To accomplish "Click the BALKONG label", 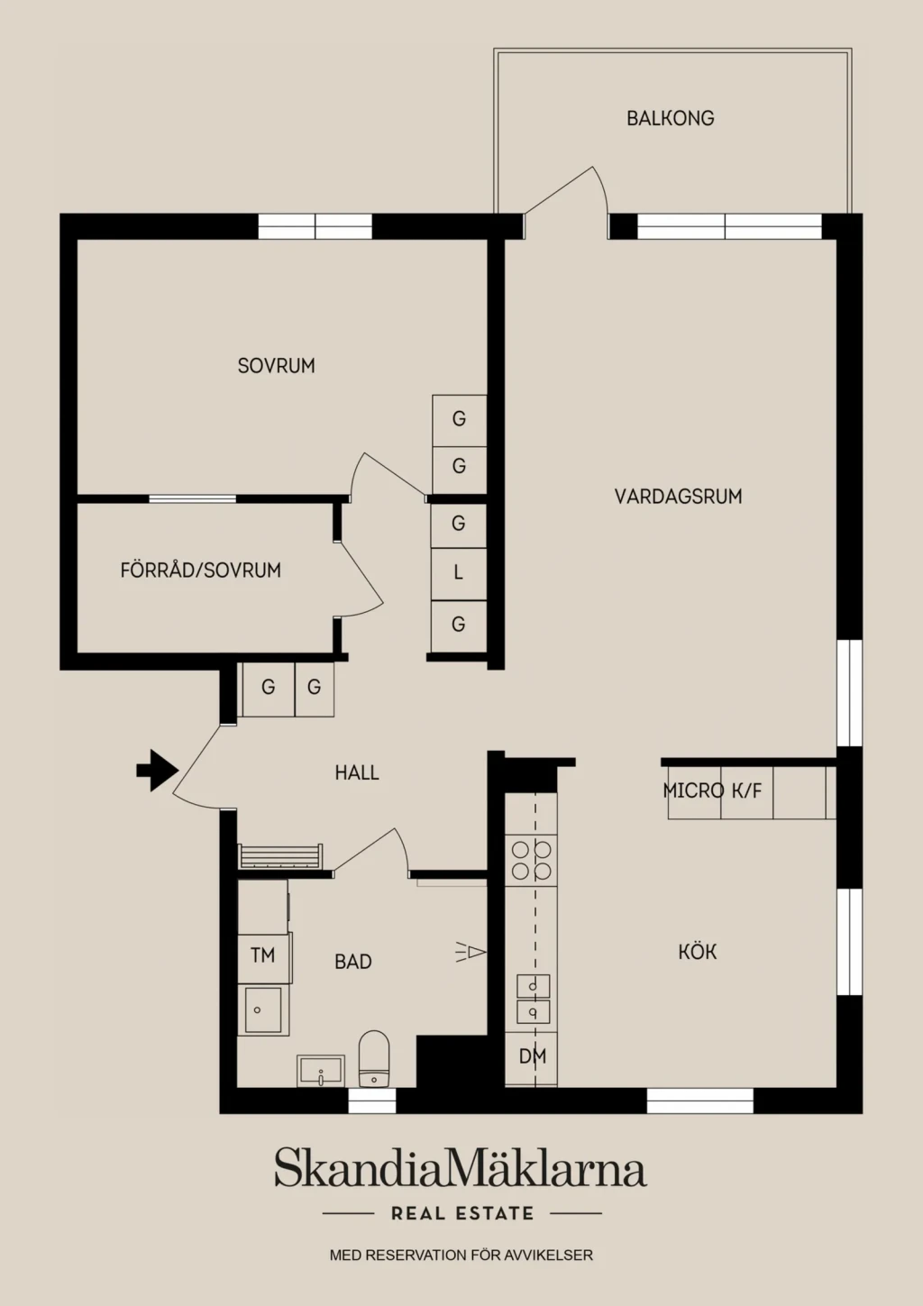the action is coord(670,118).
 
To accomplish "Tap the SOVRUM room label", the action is coord(277,366).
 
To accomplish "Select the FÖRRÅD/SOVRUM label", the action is coord(201,570).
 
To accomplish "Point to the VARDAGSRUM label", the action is coord(678,496).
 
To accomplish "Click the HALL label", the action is coord(357,772).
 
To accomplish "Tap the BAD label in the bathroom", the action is coord(352,962).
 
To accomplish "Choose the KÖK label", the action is coord(698,952).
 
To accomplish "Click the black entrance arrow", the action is coord(158,771).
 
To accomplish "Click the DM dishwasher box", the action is coord(531,1055).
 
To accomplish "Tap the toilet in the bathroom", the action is coord(374,1059).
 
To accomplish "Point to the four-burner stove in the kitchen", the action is coord(531,860).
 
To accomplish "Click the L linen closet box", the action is coord(458,574).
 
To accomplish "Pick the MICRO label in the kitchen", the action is coord(694,790).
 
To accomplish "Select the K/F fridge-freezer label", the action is coord(747,790).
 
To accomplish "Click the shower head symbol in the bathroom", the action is coord(471,952).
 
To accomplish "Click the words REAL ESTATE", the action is coord(462,1214).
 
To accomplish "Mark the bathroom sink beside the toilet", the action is coord(321,1071).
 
